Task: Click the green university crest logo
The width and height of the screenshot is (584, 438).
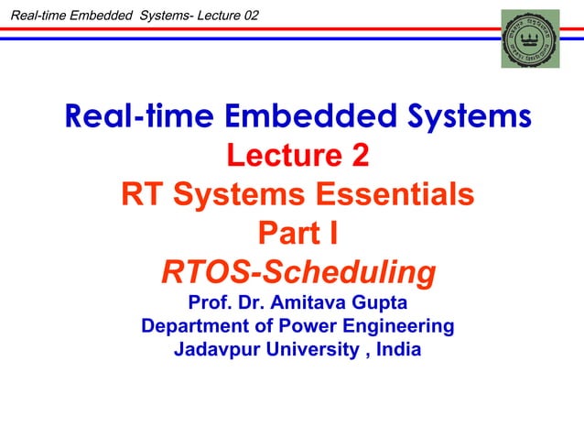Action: (x=530, y=38)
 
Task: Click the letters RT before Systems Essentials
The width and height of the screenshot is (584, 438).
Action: (x=142, y=194)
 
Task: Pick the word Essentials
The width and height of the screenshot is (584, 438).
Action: (x=395, y=194)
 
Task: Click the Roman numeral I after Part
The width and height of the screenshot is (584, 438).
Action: (x=333, y=234)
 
